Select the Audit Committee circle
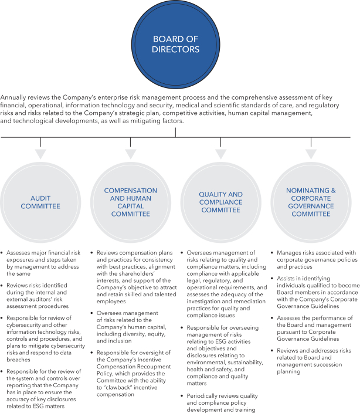[x=40, y=202]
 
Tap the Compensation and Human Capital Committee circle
[x=131, y=202]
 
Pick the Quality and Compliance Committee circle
[x=220, y=202]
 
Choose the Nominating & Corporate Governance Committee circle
[x=311, y=202]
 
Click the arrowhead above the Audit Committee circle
[x=40, y=154]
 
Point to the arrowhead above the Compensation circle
[x=131, y=154]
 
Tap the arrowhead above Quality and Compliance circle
[x=220, y=154]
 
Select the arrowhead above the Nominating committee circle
[x=311, y=154]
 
